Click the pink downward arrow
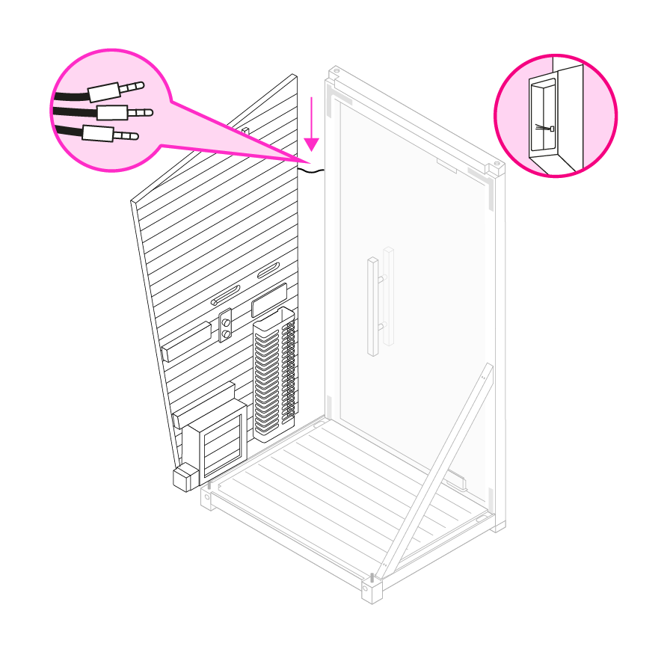coord(312,127)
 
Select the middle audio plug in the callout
coord(124,113)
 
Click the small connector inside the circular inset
coord(552,128)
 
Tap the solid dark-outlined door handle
coord(372,307)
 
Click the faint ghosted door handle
coord(388,295)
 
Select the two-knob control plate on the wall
coord(225,326)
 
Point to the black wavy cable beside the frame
coord(312,171)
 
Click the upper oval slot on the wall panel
coord(268,271)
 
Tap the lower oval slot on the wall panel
coord(224,295)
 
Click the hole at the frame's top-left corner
coord(336,72)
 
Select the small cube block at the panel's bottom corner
coord(182,479)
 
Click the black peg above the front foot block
coord(372,577)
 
